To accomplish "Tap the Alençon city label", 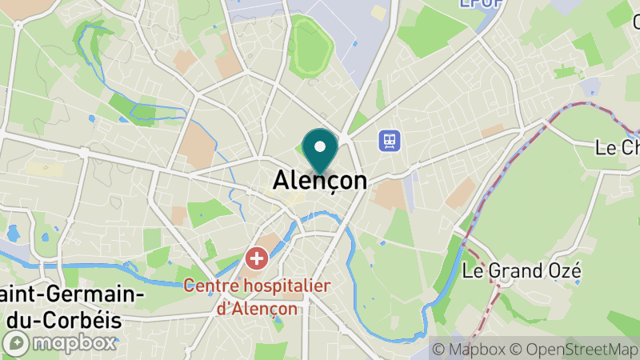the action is (320, 181).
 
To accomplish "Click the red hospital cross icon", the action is (256, 258).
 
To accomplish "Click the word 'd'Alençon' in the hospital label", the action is (258, 308).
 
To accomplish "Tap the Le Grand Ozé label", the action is (522, 271).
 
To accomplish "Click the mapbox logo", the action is (60, 343).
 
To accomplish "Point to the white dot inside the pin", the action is (320, 146).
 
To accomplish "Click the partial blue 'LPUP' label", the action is (481, 4).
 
